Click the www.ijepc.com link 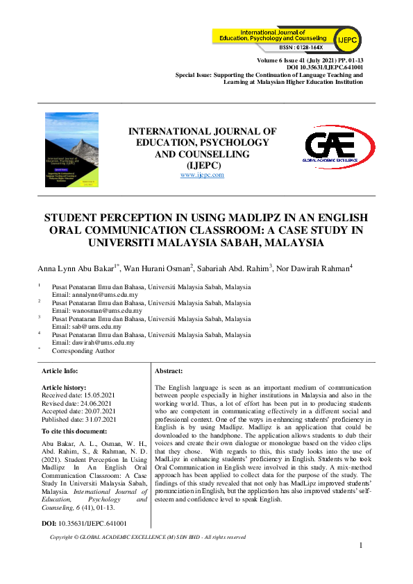[x=202, y=175]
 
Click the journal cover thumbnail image [x=72, y=150]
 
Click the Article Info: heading [x=61, y=372]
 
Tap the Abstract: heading [x=169, y=372]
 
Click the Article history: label [x=65, y=387]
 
